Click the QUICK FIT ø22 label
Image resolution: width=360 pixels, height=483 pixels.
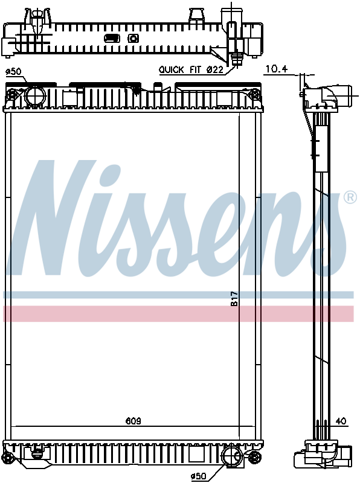click(x=191, y=70)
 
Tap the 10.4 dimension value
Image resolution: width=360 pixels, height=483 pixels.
click(x=275, y=70)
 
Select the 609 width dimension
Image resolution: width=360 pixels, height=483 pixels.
click(x=133, y=421)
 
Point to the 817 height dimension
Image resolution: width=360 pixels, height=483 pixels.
click(x=235, y=299)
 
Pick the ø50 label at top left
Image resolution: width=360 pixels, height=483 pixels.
click(x=13, y=72)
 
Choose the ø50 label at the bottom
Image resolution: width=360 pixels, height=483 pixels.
click(x=199, y=476)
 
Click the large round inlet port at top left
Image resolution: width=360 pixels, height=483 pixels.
click(x=35, y=96)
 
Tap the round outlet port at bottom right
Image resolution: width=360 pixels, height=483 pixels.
click(x=232, y=455)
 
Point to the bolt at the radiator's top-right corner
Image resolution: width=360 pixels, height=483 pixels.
click(x=255, y=94)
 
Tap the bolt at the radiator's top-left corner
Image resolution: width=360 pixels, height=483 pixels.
click(x=12, y=95)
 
